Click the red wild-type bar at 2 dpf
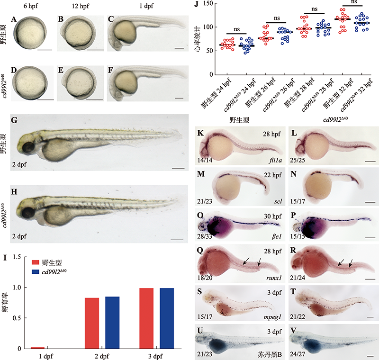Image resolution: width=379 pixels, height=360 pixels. pyautogui.click(x=91, y=323)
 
